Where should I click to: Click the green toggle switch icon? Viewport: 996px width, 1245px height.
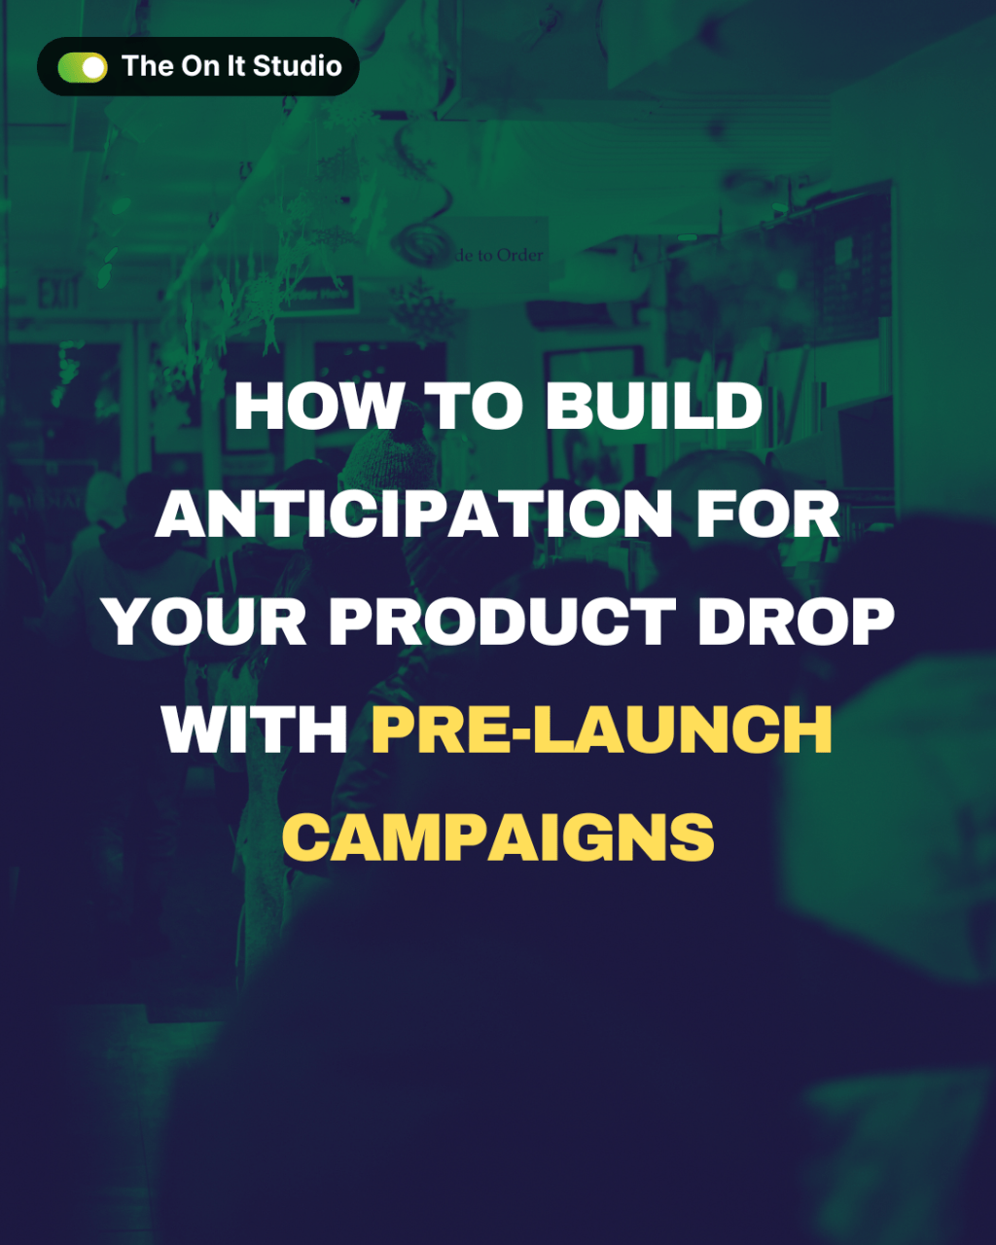click(82, 67)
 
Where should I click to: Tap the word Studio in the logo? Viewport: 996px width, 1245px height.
click(297, 66)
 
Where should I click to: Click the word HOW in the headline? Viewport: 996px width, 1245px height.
click(317, 407)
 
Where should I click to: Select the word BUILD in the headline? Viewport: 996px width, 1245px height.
click(654, 407)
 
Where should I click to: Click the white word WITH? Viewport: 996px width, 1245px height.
click(256, 729)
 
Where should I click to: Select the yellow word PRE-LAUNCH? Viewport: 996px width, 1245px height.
click(602, 729)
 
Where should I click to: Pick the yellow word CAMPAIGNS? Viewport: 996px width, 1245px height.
click(498, 837)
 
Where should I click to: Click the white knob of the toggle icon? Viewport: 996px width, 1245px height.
click(93, 67)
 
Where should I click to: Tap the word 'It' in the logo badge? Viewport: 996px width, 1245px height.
click(238, 66)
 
